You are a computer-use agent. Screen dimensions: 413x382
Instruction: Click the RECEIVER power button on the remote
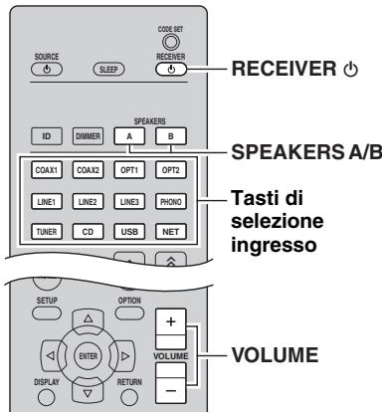165,70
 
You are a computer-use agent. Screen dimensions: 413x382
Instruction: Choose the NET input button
166,232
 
